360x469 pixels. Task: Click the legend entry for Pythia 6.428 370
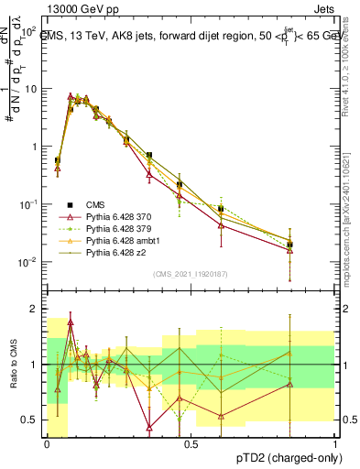[115, 216]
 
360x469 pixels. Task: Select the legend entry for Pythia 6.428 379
[115, 228]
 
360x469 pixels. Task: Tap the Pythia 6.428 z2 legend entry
[111, 251]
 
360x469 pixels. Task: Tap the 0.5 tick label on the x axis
[191, 443]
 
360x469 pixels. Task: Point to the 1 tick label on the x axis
[335, 443]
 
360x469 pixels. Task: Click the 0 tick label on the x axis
[47, 443]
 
